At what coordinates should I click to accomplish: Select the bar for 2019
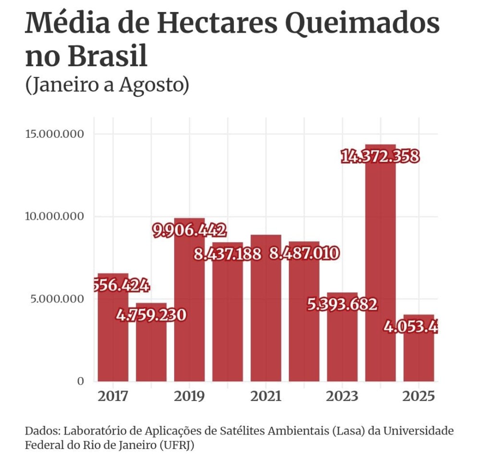point(189,312)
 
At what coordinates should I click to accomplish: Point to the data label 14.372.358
point(380,157)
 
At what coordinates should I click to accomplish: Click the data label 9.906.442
point(189,230)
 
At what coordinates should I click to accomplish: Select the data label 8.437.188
point(228,254)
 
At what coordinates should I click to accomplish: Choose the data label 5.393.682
point(342,304)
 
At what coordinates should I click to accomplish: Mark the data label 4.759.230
point(151,315)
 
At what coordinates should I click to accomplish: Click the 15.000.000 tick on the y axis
point(54,133)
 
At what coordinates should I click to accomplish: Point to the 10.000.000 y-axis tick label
point(54,216)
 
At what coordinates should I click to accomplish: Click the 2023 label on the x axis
point(342,397)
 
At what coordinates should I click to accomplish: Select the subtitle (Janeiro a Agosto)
point(108,85)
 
